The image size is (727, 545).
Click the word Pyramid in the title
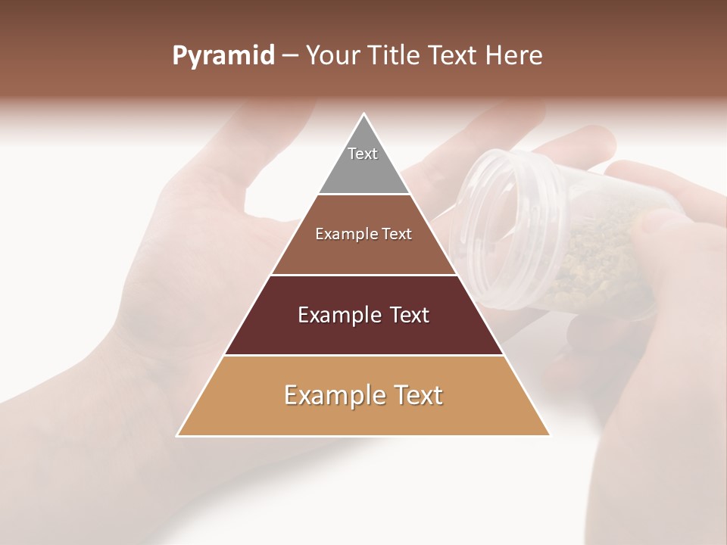(223, 56)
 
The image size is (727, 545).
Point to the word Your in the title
(332, 56)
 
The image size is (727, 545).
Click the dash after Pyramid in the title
(290, 56)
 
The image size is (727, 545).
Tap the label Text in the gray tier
(363, 154)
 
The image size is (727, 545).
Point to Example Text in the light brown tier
(363, 234)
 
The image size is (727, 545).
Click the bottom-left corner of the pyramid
(178, 435)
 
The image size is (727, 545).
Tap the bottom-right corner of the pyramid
(549, 435)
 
